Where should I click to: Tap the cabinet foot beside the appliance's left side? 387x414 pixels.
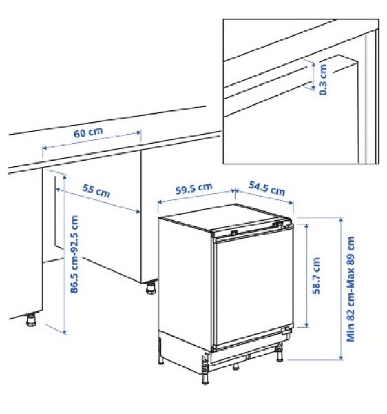click(149, 286)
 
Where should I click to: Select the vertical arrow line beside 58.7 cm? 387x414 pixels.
click(304, 276)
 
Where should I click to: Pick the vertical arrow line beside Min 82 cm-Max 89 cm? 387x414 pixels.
click(341, 288)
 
